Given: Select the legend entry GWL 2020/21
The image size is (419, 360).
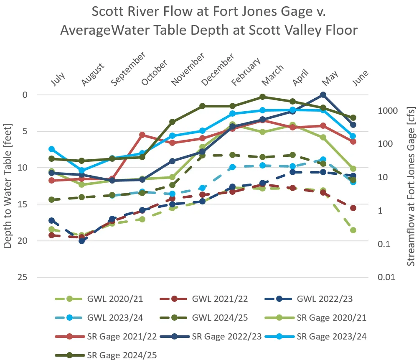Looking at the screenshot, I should coord(115,299).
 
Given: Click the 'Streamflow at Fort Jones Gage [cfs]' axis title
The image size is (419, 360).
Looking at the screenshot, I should coord(411,186).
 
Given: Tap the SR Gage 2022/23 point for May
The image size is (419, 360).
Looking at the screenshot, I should coord(323,95).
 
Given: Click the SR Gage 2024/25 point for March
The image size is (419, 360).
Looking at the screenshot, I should coord(263,97).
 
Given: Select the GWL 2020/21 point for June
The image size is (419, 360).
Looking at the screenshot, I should coord(353,230).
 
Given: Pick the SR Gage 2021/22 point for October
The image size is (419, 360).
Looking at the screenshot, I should coord(142,135).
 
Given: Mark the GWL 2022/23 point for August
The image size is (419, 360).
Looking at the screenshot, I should coord(82,241).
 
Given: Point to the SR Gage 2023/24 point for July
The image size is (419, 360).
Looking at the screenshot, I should coord(52,149).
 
